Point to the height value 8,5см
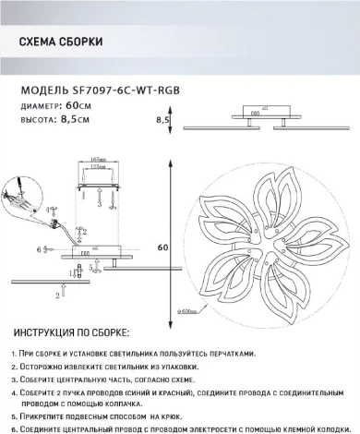pos(78,119)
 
